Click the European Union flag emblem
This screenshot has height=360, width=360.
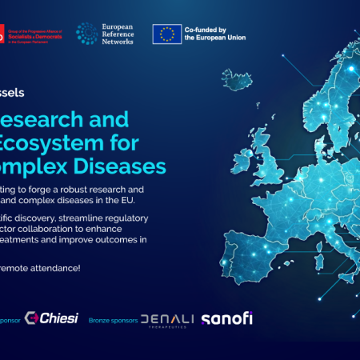point(167,34)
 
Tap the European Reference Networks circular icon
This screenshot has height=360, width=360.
point(86,33)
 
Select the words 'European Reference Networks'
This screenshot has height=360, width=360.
point(119,33)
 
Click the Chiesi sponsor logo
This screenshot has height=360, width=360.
point(51,318)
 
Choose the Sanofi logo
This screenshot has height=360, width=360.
point(226,318)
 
